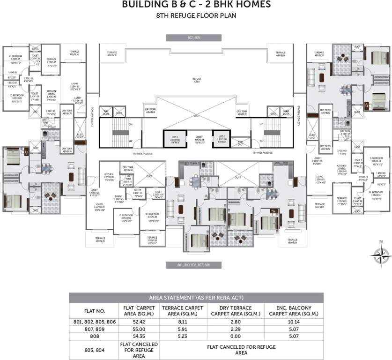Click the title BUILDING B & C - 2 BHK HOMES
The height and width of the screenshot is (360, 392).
coord(196,5)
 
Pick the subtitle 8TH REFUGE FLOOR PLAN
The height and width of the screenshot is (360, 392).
coord(196,16)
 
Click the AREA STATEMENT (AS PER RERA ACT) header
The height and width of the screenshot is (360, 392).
coord(196,297)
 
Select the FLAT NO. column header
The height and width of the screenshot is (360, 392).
coord(94,311)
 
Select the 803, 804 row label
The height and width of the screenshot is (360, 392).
coord(94,350)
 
